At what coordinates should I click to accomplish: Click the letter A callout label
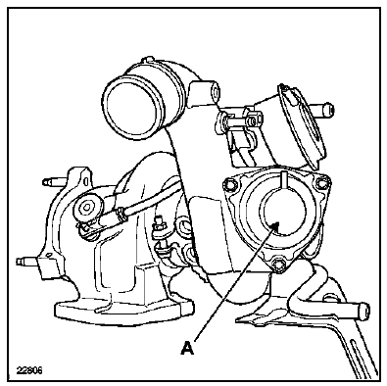coord(187,348)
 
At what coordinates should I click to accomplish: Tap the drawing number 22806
coord(29,371)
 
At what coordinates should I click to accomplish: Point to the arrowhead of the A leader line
coord(275,225)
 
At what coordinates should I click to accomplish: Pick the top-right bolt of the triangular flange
coord(320,181)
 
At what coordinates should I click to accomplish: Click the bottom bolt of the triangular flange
coord(278,264)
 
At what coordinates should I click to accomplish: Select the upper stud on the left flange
coord(55,180)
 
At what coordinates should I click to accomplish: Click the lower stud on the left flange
coord(29,262)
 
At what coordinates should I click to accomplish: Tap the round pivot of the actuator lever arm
coord(87,208)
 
